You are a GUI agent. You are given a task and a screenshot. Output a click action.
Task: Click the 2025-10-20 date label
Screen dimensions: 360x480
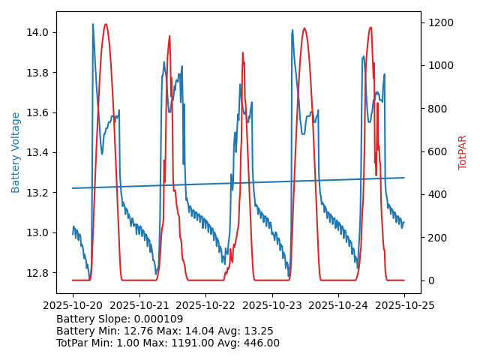pyautogui.click(x=73, y=306)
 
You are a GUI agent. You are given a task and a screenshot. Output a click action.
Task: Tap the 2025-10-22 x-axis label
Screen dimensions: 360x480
pyautogui.click(x=205, y=306)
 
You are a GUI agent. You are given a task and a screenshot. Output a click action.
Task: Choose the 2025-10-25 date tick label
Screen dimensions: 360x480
pyautogui.click(x=404, y=306)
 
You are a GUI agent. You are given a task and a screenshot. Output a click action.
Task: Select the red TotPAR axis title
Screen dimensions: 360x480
pyautogui.click(x=463, y=152)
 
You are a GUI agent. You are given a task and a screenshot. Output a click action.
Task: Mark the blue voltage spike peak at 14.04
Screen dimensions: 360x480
pyautogui.click(x=93, y=24)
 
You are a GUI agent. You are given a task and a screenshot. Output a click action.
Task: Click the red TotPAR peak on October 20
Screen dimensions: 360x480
pyautogui.click(x=106, y=24)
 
